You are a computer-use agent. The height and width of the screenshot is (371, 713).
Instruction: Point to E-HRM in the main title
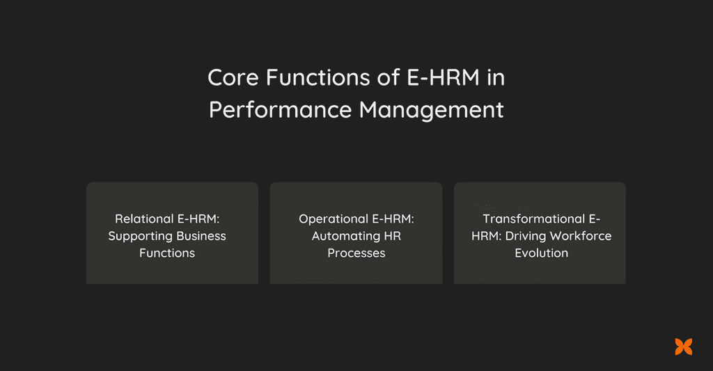444,78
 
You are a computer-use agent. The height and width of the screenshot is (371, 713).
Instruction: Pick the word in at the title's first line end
496,78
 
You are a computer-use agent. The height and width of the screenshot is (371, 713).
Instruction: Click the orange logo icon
683,346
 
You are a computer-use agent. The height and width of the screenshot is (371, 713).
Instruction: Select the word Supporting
140,236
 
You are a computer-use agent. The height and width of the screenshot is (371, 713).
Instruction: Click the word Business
201,236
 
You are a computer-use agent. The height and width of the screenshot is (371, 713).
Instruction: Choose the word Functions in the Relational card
167,253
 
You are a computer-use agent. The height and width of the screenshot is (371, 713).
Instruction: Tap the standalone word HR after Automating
393,236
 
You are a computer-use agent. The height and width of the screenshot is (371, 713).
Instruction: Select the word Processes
356,253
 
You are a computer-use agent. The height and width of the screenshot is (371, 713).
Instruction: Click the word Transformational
534,219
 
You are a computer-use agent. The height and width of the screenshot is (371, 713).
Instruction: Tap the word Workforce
581,236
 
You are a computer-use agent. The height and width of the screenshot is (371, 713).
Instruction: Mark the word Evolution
541,253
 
